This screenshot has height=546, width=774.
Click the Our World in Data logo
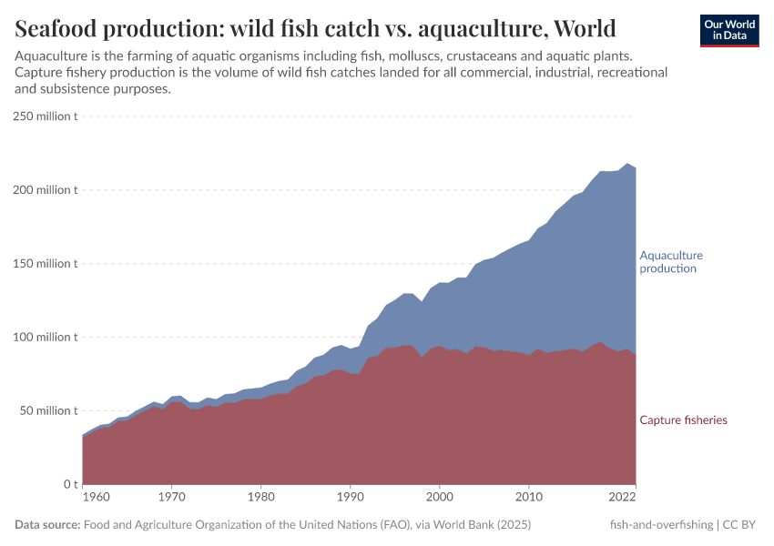click(729, 31)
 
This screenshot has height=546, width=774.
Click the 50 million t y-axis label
click(48, 410)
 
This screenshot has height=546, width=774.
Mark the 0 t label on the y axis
click(68, 484)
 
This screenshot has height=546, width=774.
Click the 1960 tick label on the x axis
click(97, 499)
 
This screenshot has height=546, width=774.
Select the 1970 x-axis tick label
click(171, 499)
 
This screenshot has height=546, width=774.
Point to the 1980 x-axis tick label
click(260, 499)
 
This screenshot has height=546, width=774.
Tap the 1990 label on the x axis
click(350, 499)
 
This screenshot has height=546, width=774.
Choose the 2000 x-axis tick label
click(439, 499)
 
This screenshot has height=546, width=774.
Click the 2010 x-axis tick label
click(528, 499)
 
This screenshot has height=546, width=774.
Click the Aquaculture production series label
click(671, 262)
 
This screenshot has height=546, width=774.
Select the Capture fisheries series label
click(683, 420)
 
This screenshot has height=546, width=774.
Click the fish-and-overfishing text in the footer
click(661, 525)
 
